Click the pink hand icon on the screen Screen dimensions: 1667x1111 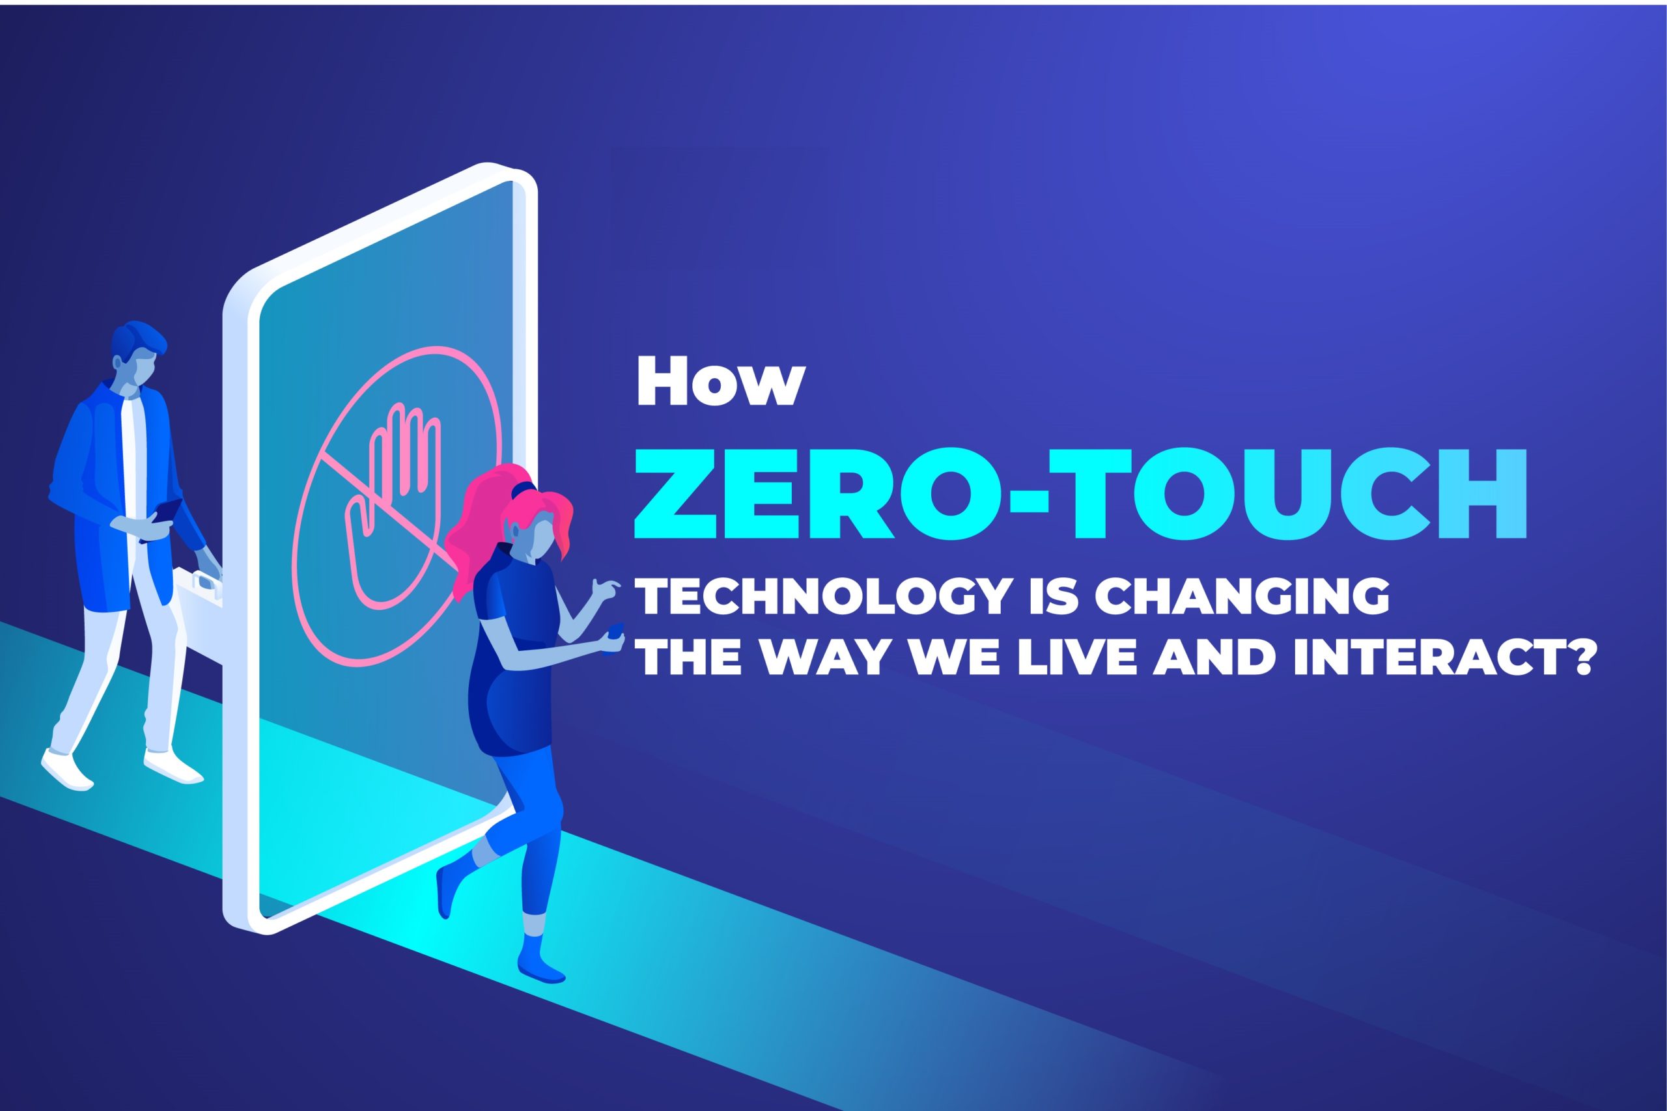point(391,506)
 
